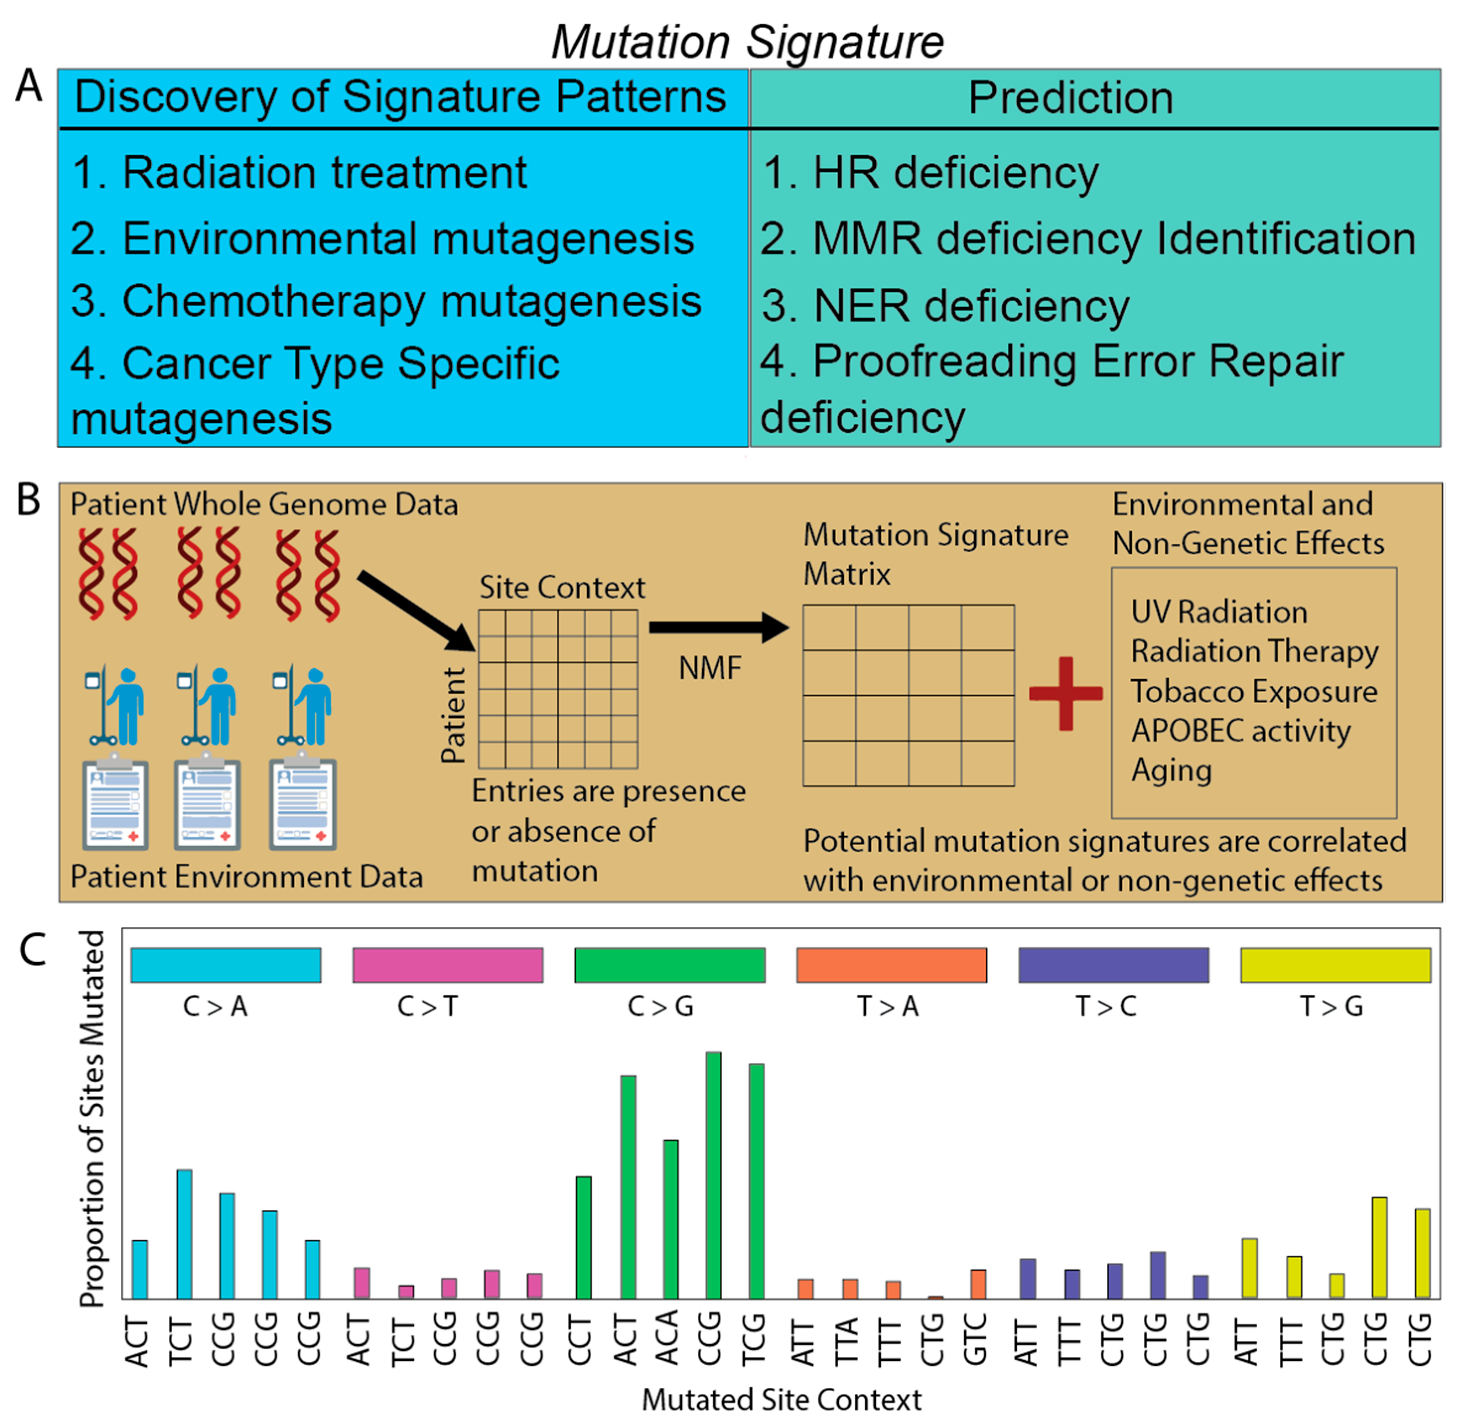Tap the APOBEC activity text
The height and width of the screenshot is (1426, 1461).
point(1241,730)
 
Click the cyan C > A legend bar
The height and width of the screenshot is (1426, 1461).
point(225,965)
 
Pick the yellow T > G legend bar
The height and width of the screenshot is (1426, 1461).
point(1335,965)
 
